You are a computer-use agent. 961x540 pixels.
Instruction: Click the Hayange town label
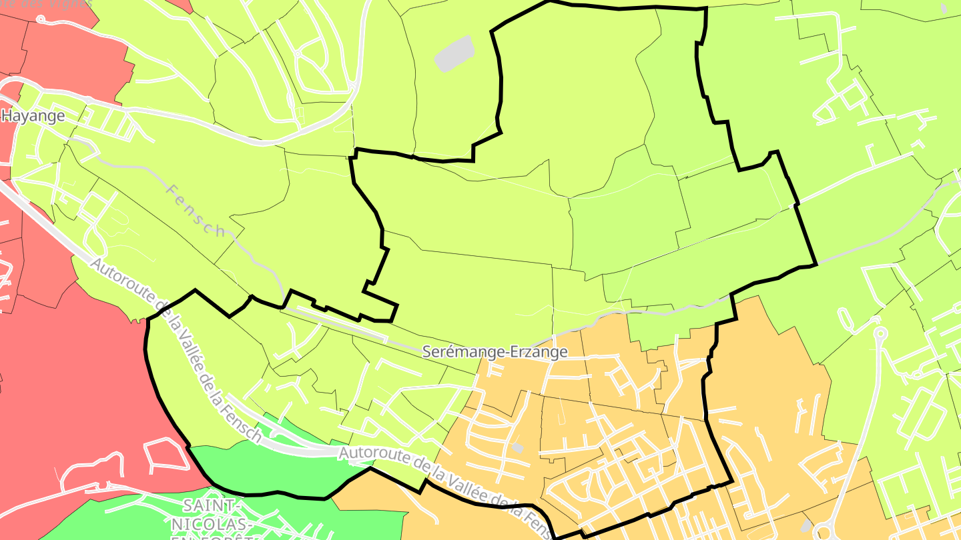point(33,116)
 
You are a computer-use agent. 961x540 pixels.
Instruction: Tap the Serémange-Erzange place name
point(495,352)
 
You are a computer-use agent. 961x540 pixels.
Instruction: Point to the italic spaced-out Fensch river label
point(195,209)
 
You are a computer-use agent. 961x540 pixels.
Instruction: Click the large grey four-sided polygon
point(454,53)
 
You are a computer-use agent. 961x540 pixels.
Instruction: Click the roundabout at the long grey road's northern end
point(880,332)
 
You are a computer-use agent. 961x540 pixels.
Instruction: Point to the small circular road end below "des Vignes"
point(40,19)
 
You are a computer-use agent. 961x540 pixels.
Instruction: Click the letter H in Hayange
point(7,116)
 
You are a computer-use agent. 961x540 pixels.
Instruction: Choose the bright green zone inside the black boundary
point(280,467)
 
